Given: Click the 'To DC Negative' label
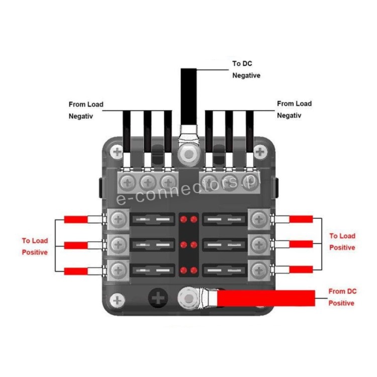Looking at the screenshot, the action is [246, 69].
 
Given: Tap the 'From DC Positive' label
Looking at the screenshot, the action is [342, 297].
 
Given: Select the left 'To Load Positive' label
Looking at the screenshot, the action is [35, 246].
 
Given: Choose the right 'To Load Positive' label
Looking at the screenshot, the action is [342, 242].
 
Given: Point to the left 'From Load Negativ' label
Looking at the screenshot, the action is [86, 111].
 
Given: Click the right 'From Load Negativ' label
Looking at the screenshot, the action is [294, 110].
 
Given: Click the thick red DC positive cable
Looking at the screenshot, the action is [266, 298].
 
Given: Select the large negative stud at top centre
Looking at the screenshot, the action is [189, 154].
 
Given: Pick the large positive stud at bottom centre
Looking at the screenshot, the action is [189, 299].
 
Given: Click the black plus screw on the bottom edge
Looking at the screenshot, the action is [158, 298].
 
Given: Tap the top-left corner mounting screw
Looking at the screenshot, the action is [117, 152].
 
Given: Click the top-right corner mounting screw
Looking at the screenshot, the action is [260, 152].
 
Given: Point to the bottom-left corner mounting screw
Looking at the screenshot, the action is [117, 300].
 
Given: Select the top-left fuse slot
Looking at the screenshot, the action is [152, 219].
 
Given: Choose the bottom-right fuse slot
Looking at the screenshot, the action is [225, 270].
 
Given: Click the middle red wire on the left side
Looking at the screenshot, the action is [76, 245].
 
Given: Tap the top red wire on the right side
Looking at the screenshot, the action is [301, 219].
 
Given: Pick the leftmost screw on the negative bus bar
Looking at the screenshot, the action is [127, 182].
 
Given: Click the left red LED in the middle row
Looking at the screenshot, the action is [183, 245].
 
